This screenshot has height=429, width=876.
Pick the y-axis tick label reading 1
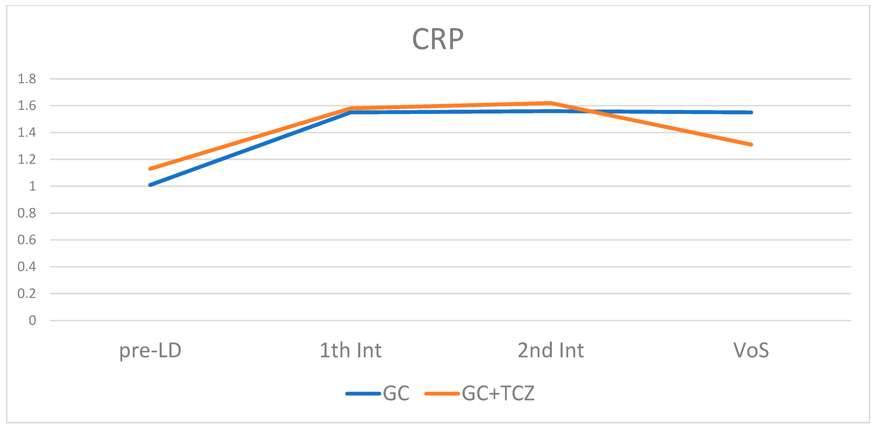[x=32, y=186]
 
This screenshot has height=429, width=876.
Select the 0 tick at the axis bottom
[x=32, y=320]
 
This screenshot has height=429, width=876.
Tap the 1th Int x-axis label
[x=351, y=351]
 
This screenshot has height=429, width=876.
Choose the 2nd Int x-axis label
[x=551, y=351]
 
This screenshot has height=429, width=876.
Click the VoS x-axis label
[x=751, y=351]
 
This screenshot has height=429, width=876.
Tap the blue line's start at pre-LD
[x=150, y=185]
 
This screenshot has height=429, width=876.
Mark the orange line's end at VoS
[x=751, y=145]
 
